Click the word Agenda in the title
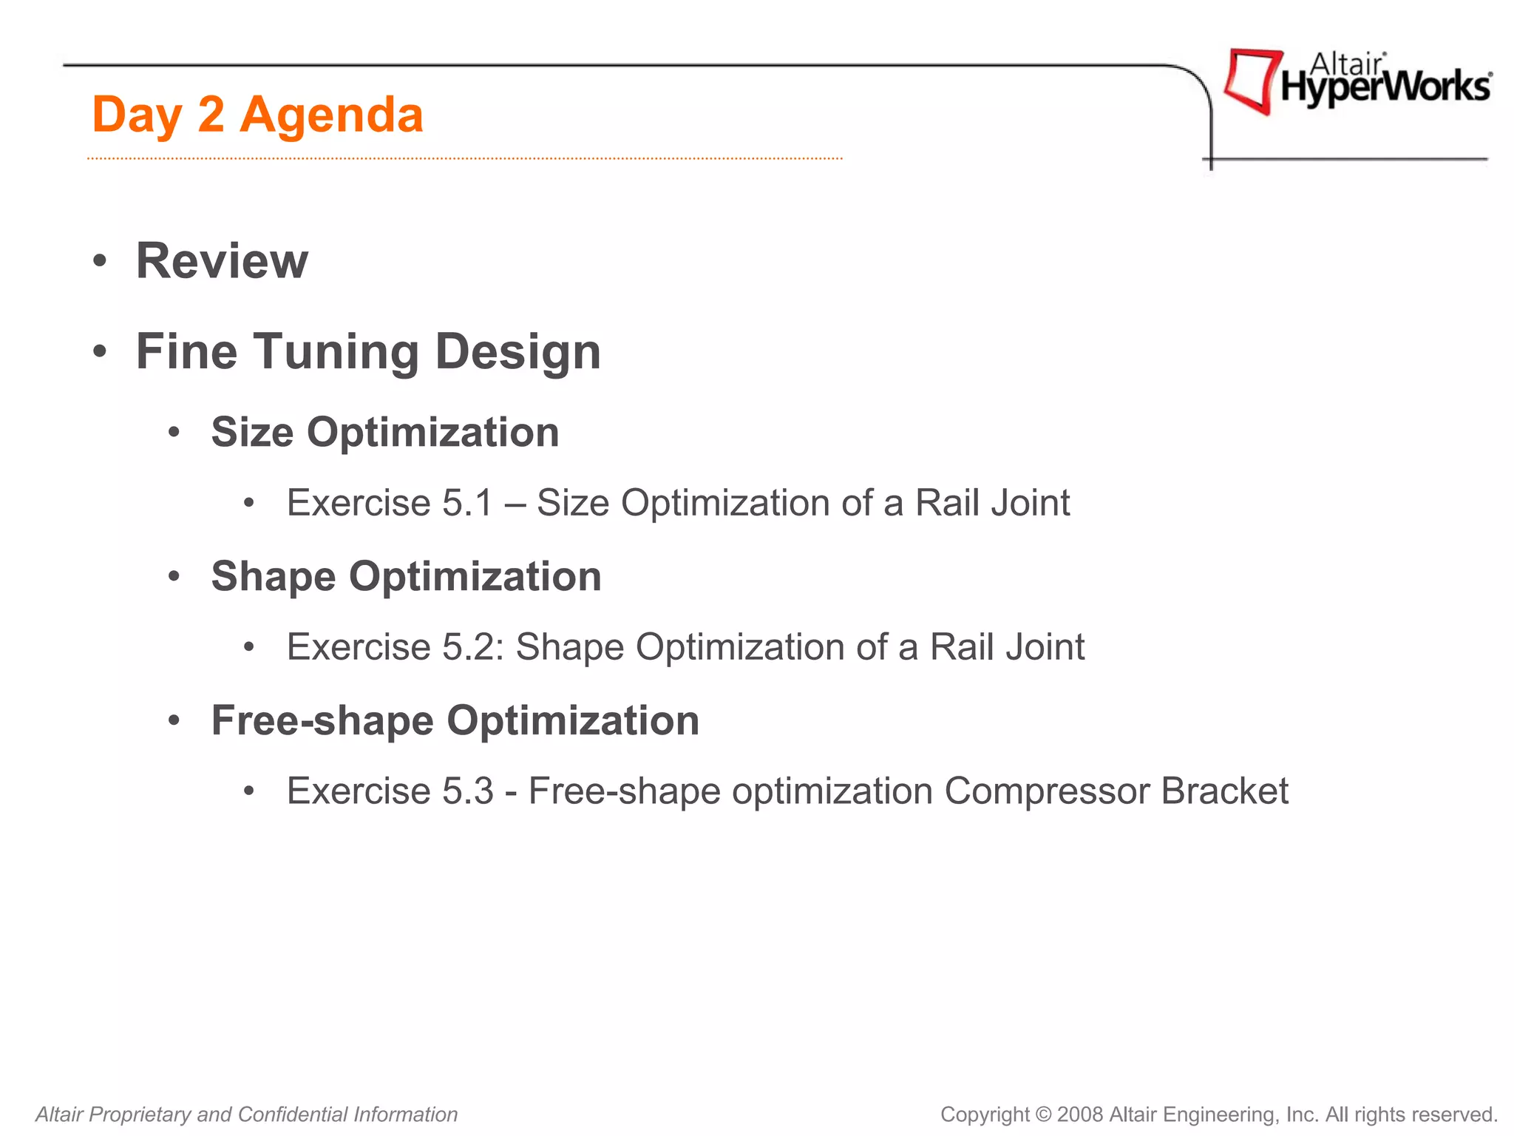point(331,115)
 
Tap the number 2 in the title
point(211,115)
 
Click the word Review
point(222,261)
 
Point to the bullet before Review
point(100,262)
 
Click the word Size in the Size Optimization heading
point(252,432)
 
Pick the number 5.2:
point(472,647)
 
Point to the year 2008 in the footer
point(1080,1115)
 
